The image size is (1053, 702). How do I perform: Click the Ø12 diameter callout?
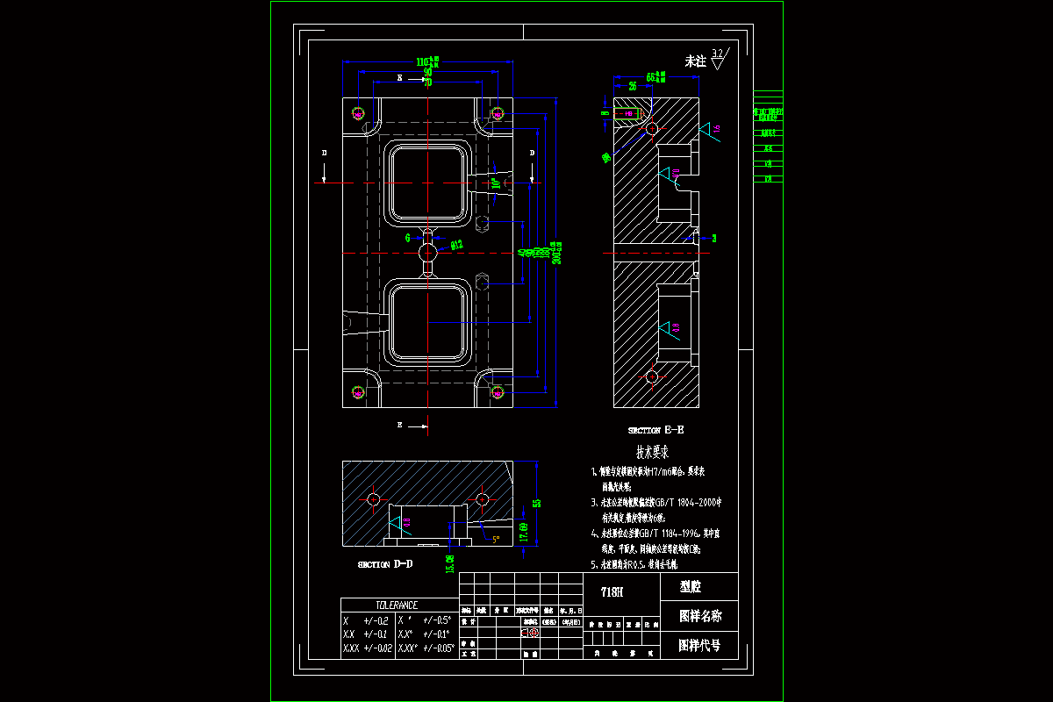456,245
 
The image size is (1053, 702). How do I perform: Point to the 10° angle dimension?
496,183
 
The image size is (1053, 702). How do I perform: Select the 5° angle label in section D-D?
496,540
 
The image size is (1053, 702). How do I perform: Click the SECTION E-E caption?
655,431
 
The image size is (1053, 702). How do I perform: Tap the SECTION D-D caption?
385,565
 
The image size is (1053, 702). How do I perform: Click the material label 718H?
612,592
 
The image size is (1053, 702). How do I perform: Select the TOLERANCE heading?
398,605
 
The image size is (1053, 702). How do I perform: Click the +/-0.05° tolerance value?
438,648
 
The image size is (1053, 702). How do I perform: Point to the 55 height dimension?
537,504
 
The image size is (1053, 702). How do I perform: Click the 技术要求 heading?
653,453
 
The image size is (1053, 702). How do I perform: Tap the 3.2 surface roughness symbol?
719,58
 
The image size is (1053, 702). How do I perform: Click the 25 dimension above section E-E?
633,86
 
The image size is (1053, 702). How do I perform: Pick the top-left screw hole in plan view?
358,113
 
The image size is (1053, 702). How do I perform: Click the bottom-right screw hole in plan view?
497,392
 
